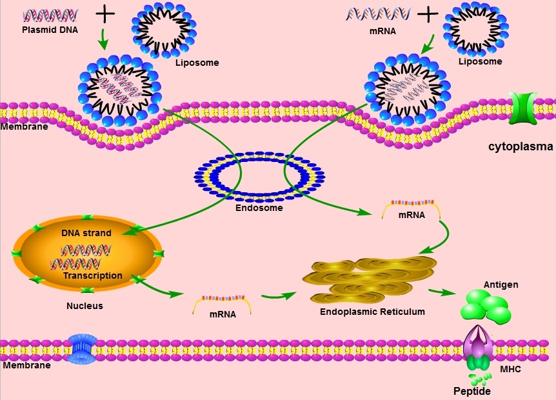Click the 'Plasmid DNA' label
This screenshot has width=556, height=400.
pos(50,29)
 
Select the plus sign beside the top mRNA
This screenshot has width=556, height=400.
pos(427,14)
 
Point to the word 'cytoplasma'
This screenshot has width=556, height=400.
pos(521,146)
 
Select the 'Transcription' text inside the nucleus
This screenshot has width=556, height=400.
pos(93,275)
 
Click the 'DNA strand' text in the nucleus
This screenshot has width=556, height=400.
pos(86,233)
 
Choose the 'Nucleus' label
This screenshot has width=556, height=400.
pos(84,306)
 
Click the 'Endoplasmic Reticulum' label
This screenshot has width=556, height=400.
pos(373,312)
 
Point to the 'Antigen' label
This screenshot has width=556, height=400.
pos(501,285)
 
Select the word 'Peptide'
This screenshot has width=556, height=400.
pos(472,392)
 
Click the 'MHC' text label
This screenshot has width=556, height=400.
pos(510,369)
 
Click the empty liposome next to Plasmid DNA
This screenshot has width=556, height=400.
pos(164,30)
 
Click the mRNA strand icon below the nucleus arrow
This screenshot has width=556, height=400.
pos(222,302)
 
